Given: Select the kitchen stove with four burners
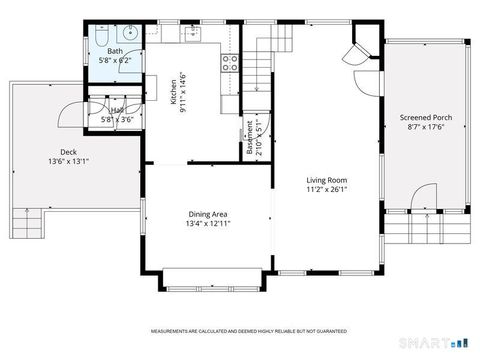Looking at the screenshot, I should [x=229, y=66].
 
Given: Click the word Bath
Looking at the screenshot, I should [x=115, y=51].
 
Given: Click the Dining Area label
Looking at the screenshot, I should [x=208, y=214].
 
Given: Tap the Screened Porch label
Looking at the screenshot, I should [x=425, y=117].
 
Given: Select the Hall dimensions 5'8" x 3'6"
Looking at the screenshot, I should [x=118, y=119].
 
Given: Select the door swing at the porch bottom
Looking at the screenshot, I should [x=425, y=197].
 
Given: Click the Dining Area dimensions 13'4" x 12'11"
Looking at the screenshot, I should [x=209, y=224].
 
